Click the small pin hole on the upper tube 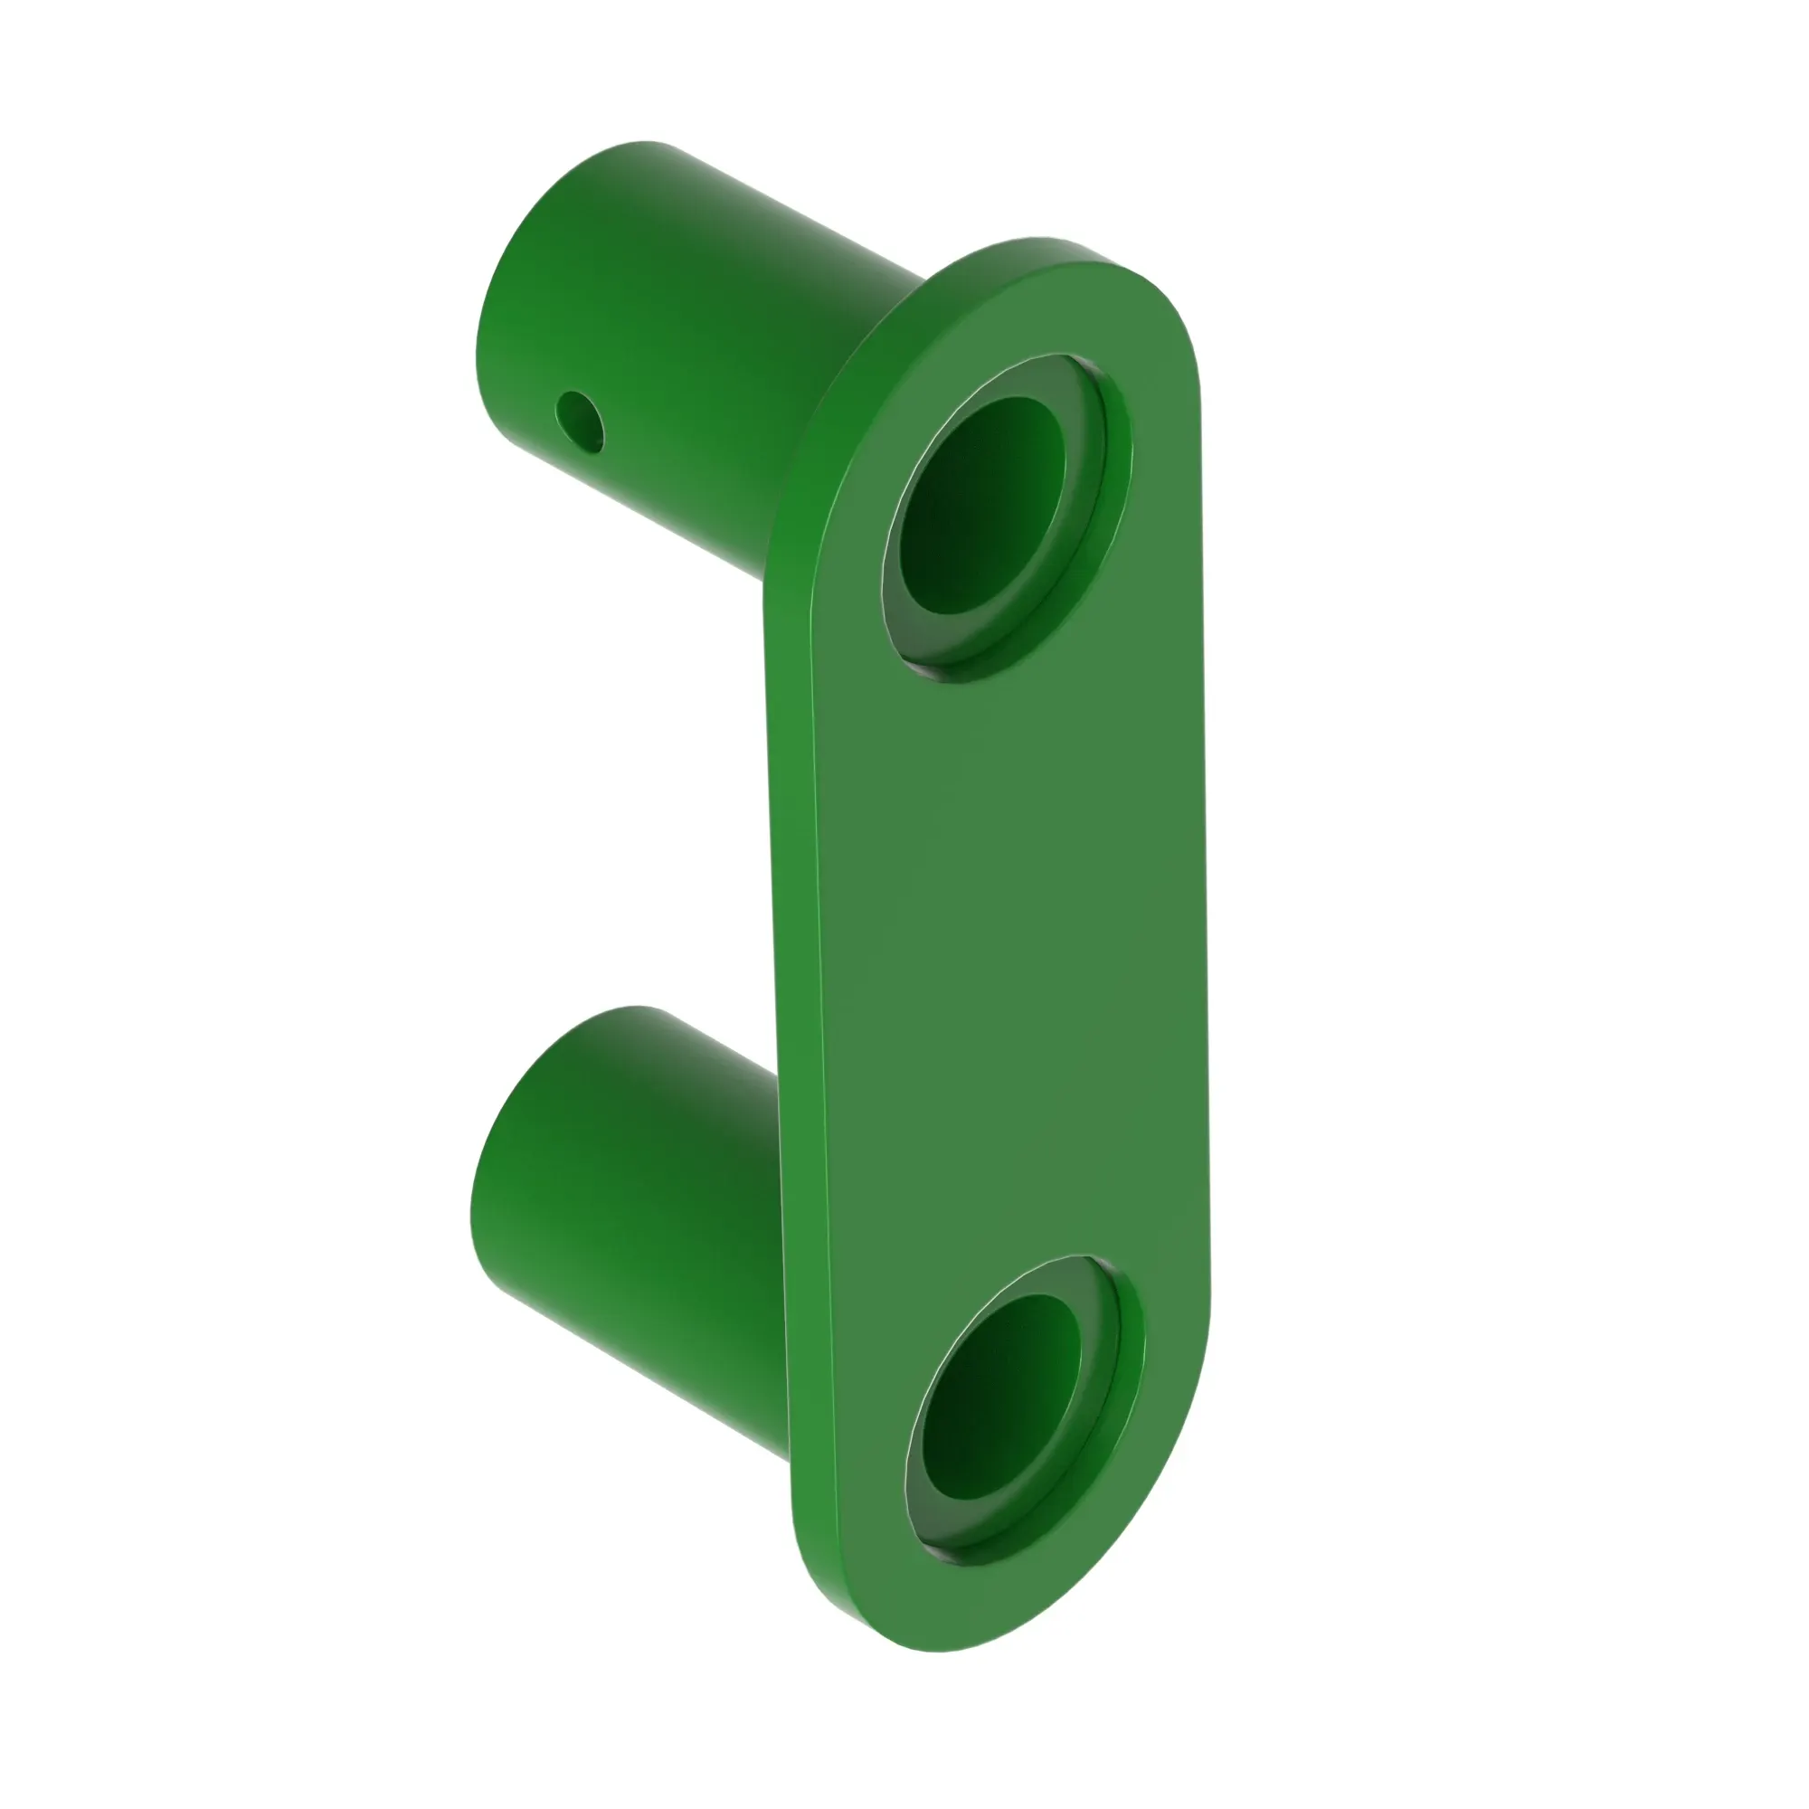pos(580,421)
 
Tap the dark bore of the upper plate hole pos(979,506)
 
